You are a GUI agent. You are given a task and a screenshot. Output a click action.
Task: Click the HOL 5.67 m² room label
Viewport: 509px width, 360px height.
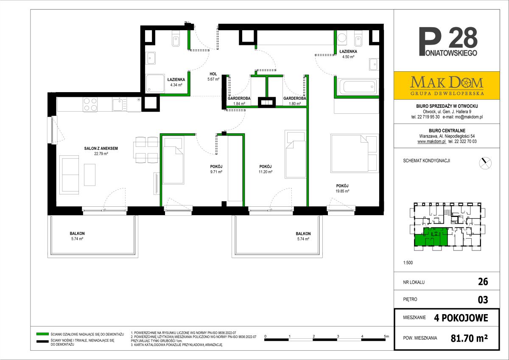[x=213, y=77]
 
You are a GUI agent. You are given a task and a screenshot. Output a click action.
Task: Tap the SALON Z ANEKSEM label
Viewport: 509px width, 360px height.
[x=101, y=149]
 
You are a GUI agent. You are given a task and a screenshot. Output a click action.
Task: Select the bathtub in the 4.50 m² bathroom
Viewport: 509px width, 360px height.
[x=358, y=87]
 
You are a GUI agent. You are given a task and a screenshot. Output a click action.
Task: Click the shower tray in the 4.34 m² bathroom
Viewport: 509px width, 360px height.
[x=155, y=83]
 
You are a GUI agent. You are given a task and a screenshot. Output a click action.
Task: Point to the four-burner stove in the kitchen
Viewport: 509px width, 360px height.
[x=90, y=104]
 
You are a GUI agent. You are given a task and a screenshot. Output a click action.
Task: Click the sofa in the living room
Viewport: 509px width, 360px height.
[x=69, y=174]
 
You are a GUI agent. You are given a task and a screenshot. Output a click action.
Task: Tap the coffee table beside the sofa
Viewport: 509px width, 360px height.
[x=89, y=175]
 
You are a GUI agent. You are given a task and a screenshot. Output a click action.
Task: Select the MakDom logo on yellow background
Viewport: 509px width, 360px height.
[x=447, y=85]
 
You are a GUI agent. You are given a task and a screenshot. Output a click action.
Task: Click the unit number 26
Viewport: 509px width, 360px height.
[x=483, y=282]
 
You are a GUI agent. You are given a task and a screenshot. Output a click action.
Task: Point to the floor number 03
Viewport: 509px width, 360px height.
[x=483, y=300]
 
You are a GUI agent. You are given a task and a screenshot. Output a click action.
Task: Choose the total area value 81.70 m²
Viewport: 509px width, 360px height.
[x=469, y=338]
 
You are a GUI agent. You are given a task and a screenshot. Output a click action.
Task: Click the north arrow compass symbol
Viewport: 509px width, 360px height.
[x=485, y=163]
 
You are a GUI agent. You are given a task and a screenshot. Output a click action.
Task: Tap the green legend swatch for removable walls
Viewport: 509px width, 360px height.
[x=42, y=334]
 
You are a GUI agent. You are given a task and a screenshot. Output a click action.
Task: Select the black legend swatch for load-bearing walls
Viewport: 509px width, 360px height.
[x=42, y=341]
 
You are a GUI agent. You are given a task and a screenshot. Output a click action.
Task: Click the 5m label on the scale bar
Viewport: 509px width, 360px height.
[x=386, y=336]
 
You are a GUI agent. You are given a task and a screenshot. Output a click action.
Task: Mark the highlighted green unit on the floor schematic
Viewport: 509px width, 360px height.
[x=431, y=238]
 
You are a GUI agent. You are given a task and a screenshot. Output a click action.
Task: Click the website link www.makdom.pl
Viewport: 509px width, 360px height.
[x=431, y=141]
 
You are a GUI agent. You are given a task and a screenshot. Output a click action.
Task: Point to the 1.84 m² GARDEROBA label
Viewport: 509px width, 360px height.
[x=239, y=101]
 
